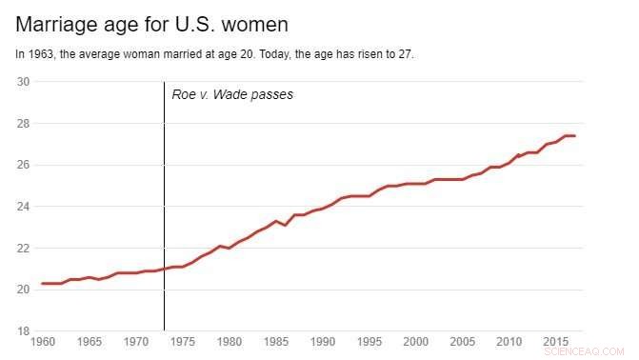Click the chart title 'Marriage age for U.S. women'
pyautogui.click(x=152, y=23)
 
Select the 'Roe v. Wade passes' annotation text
pyautogui.click(x=232, y=94)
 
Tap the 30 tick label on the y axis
pyautogui.click(x=24, y=82)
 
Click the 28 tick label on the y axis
pyautogui.click(x=24, y=124)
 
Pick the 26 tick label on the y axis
pyautogui.click(x=24, y=165)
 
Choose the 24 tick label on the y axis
pyautogui.click(x=24, y=207)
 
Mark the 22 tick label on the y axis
pyautogui.click(x=24, y=249)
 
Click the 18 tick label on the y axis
pyautogui.click(x=24, y=331)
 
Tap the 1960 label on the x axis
pyautogui.click(x=43, y=341)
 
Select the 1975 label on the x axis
pyautogui.click(x=183, y=341)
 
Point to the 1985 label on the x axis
pyautogui.click(x=276, y=341)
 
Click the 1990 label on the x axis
pyautogui.click(x=323, y=341)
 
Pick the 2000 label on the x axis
pyautogui.click(x=416, y=341)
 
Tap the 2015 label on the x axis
pyautogui.click(x=556, y=341)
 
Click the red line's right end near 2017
pyautogui.click(x=574, y=136)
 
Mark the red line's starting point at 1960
pyautogui.click(x=43, y=284)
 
